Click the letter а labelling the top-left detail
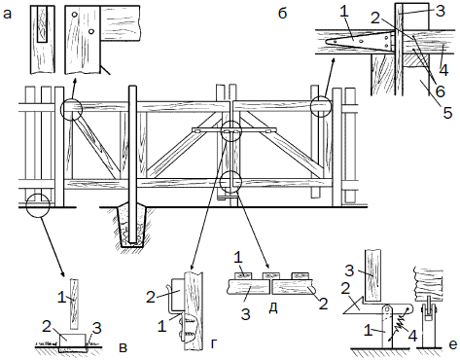7,15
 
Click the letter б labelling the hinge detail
283,13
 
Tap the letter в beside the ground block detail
124,347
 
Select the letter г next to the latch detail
214,344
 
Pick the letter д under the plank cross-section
273,308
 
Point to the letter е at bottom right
453,344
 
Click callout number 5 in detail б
447,113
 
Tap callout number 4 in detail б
443,70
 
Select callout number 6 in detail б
440,91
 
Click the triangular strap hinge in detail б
359,42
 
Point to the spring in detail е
402,321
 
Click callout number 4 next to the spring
412,337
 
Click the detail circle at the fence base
38,205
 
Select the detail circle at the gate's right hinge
321,106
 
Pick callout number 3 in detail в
96,329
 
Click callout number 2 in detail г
151,297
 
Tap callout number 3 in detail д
246,314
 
